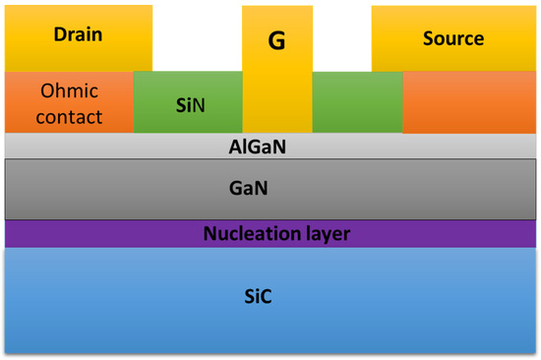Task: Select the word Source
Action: pos(453,39)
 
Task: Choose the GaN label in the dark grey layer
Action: pos(270,184)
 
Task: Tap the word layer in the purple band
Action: pos(324,234)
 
